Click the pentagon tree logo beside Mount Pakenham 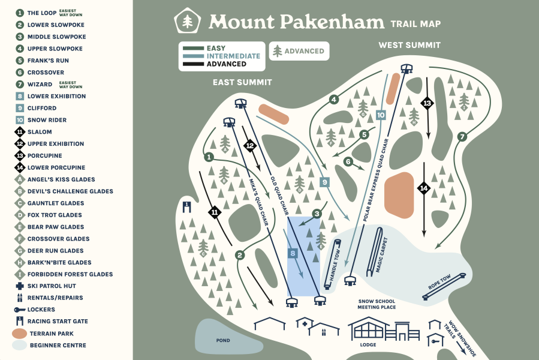click(187, 22)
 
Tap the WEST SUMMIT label click(409, 45)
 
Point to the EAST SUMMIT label click(242, 82)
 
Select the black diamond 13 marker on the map click(427, 103)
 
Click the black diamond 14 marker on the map click(424, 188)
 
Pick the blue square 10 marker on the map click(380, 115)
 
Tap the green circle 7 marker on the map click(462, 137)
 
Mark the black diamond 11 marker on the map click(215, 211)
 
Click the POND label click(223, 340)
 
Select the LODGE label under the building click(368, 344)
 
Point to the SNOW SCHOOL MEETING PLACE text click(377, 304)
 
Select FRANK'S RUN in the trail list click(48, 61)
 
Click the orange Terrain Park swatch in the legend click(20, 334)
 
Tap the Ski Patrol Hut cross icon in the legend click(20, 286)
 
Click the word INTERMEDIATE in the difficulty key click(233, 56)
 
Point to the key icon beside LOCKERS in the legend click(20, 310)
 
